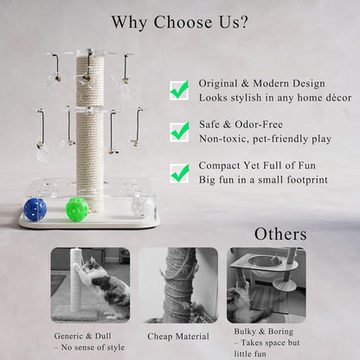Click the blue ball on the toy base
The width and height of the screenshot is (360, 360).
[35, 209]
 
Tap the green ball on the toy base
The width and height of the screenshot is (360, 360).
[77, 209]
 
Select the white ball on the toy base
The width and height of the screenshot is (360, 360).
[142, 207]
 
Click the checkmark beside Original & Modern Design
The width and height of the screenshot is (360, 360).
[179, 90]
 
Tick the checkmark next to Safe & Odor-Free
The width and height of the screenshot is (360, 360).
[180, 132]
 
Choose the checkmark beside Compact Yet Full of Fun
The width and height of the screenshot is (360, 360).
[180, 173]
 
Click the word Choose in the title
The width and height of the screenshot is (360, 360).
[183, 22]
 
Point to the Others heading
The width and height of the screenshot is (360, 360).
[280, 234]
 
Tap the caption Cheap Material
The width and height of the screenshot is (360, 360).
[178, 337]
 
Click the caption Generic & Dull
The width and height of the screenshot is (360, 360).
[82, 336]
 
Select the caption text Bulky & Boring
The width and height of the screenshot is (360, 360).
[263, 331]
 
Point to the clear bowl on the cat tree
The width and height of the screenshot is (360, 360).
[260, 261]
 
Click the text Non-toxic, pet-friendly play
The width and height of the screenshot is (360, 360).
[265, 138]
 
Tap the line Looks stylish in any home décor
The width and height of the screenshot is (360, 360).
[275, 98]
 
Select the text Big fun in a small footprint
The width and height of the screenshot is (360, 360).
[263, 180]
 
